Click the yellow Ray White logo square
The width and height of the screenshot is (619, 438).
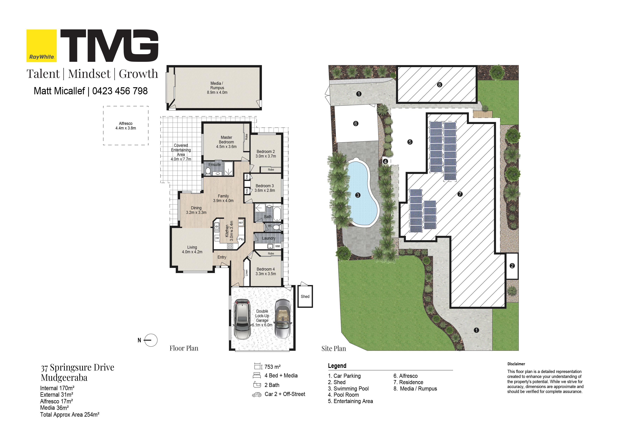41,46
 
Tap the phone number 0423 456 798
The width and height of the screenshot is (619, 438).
120,91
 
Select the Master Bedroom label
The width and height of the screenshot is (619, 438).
226,140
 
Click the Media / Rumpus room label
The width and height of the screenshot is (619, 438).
217,85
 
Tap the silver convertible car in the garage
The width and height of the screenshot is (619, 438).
283,319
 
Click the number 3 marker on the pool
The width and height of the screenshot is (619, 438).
358,195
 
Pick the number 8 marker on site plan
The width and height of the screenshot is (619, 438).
439,85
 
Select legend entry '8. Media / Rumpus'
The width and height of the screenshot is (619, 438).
415,389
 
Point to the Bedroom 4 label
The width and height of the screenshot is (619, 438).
266,269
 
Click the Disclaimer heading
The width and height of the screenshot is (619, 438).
516,364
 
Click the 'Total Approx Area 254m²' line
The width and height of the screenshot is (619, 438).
70,415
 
